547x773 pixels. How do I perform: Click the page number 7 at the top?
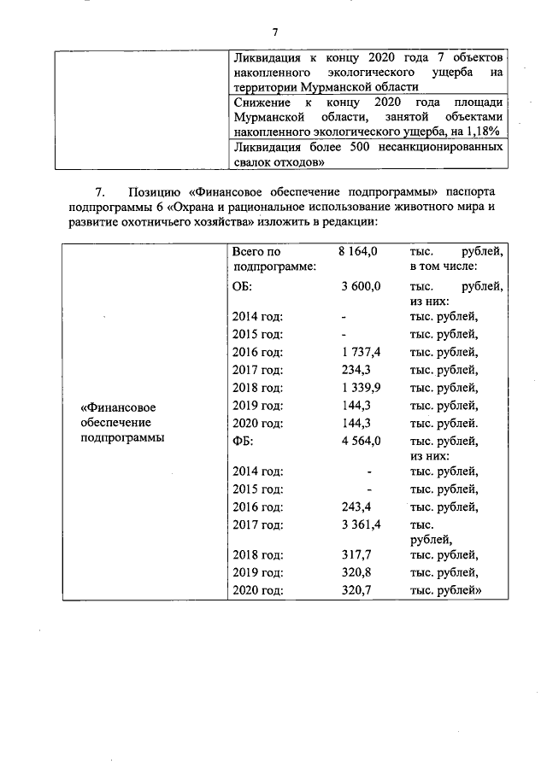point(275,32)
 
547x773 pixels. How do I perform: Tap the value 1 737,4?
point(360,352)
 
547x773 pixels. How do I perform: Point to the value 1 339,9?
point(360,388)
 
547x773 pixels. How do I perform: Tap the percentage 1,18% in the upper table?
point(483,130)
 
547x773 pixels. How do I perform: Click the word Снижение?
point(261,102)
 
